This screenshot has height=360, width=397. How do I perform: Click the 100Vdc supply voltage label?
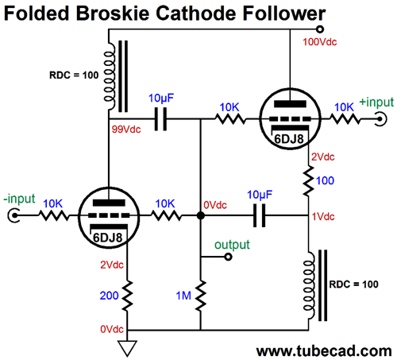pos(320,42)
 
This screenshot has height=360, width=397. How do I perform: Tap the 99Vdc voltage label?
pos(126,130)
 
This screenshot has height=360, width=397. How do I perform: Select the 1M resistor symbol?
pos(201,296)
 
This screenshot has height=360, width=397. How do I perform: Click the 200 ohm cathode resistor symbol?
pos(127,296)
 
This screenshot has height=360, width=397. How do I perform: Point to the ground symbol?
pos(127,348)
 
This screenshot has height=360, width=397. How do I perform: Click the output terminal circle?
pos(228,257)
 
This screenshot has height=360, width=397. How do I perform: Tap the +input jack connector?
pos(381,119)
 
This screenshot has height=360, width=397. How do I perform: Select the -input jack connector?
pos(13,215)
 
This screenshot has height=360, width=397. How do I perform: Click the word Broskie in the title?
pos(113,14)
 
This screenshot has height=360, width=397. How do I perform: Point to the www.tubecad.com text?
pos(324,351)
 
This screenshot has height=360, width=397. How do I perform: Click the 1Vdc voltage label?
pos(323,217)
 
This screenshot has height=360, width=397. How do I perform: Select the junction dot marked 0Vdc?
pos(201,215)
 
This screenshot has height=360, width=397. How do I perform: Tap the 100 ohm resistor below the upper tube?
pos(308,181)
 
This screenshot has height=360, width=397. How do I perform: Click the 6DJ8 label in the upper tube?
pos(289,139)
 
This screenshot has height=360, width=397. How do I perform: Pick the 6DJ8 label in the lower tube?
pos(108,238)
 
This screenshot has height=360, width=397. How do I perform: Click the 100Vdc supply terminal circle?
pos(320,29)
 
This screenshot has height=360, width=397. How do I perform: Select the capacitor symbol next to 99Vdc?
pos(160,119)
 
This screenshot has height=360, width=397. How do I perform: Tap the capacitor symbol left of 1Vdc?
pos(260,215)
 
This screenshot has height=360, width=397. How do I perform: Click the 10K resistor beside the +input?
pos(345,119)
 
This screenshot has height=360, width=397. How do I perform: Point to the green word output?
pos(232,245)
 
